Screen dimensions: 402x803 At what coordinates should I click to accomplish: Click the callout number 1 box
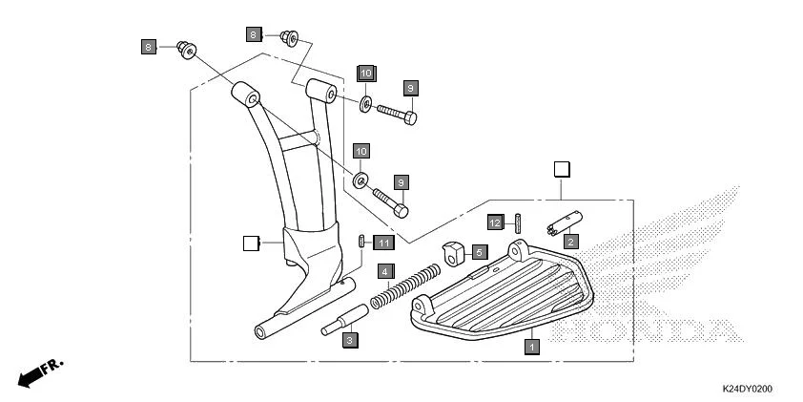pyautogui.click(x=532, y=347)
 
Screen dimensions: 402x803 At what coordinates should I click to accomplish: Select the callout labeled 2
pyautogui.click(x=568, y=242)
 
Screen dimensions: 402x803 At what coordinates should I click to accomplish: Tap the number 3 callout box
pyautogui.click(x=350, y=339)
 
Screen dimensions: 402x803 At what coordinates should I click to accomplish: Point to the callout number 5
pyautogui.click(x=479, y=251)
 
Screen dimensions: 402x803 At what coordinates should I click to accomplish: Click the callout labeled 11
pyautogui.click(x=382, y=243)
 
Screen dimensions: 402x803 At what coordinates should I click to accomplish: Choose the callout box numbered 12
pyautogui.click(x=495, y=222)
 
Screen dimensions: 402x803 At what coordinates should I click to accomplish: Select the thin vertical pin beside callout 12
pyautogui.click(x=516, y=222)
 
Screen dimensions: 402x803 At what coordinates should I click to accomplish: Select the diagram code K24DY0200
pyautogui.click(x=747, y=389)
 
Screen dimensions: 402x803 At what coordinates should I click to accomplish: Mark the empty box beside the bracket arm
pyautogui.click(x=252, y=243)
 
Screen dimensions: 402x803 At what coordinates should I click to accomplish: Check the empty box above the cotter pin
pyautogui.click(x=563, y=170)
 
